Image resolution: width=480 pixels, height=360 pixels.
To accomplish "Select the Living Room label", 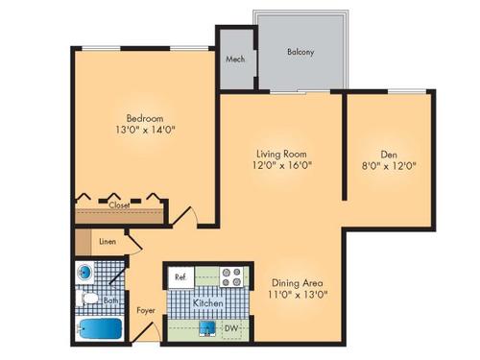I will point(281,151).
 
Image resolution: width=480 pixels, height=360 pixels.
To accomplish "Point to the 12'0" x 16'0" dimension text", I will point(281,165).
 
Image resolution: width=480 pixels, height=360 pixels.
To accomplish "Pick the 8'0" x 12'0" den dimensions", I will point(388,164).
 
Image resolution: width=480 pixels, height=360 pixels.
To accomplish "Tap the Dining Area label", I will point(296,283).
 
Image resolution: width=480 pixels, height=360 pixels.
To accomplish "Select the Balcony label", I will point(301,52).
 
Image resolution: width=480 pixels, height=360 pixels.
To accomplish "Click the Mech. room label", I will point(234,59).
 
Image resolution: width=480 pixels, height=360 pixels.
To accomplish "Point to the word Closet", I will point(119,205).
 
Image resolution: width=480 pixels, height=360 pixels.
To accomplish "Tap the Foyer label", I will point(145,310).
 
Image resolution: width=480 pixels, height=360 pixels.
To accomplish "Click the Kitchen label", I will point(208,303).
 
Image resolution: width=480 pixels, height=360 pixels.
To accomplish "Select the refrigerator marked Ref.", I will point(180,276).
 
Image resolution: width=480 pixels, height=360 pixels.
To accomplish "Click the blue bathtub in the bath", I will point(99,329).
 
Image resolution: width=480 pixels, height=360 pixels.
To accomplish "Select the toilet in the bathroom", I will point(86,300).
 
